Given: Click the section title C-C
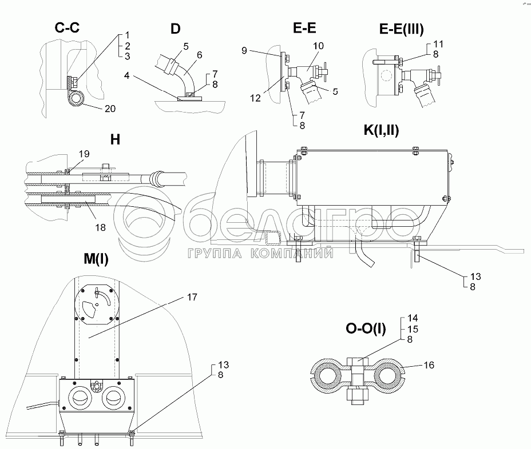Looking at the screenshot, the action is pyautogui.click(x=67, y=27).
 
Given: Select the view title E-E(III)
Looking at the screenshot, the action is pyautogui.click(x=401, y=29).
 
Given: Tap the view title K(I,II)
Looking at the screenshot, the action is pyautogui.click(x=381, y=130).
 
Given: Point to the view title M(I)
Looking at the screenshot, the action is pyautogui.click(x=96, y=259).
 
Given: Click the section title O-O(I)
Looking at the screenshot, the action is pyautogui.click(x=366, y=328).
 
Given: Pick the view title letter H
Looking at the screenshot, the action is pyautogui.click(x=115, y=139).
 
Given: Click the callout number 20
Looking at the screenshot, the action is pyautogui.click(x=110, y=109).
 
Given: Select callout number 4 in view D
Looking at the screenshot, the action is pyautogui.click(x=126, y=75).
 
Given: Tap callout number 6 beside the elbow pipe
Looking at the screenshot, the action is pyautogui.click(x=200, y=55).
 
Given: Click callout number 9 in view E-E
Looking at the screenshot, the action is pyautogui.click(x=244, y=51).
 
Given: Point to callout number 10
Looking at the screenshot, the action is pyautogui.click(x=318, y=46).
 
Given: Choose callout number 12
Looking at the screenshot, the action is pyautogui.click(x=255, y=98).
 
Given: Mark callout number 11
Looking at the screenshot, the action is pyautogui.click(x=438, y=44).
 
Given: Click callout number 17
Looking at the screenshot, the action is pyautogui.click(x=192, y=297).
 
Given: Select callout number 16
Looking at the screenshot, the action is pyautogui.click(x=429, y=365).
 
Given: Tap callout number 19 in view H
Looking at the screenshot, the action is pyautogui.click(x=84, y=154).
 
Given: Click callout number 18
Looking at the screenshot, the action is pyautogui.click(x=100, y=227).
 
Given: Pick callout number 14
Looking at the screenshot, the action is pyautogui.click(x=413, y=318).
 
